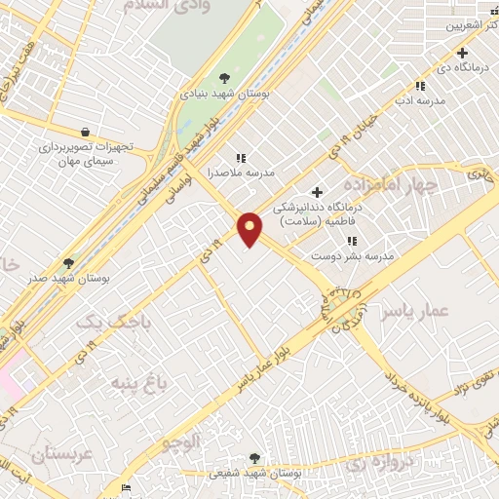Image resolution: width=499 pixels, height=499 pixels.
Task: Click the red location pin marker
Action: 250,228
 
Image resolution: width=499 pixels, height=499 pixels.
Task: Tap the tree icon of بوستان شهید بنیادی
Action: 225,77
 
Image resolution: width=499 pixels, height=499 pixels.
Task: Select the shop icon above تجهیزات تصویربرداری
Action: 87,132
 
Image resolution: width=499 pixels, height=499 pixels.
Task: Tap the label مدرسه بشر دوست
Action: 351,255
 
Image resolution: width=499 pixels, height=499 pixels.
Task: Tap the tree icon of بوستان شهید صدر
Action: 68,262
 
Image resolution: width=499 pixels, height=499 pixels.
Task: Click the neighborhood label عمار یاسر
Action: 413,310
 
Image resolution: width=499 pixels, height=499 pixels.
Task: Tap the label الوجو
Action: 182,441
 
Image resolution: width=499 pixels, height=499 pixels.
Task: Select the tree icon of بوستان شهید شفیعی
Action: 255,457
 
